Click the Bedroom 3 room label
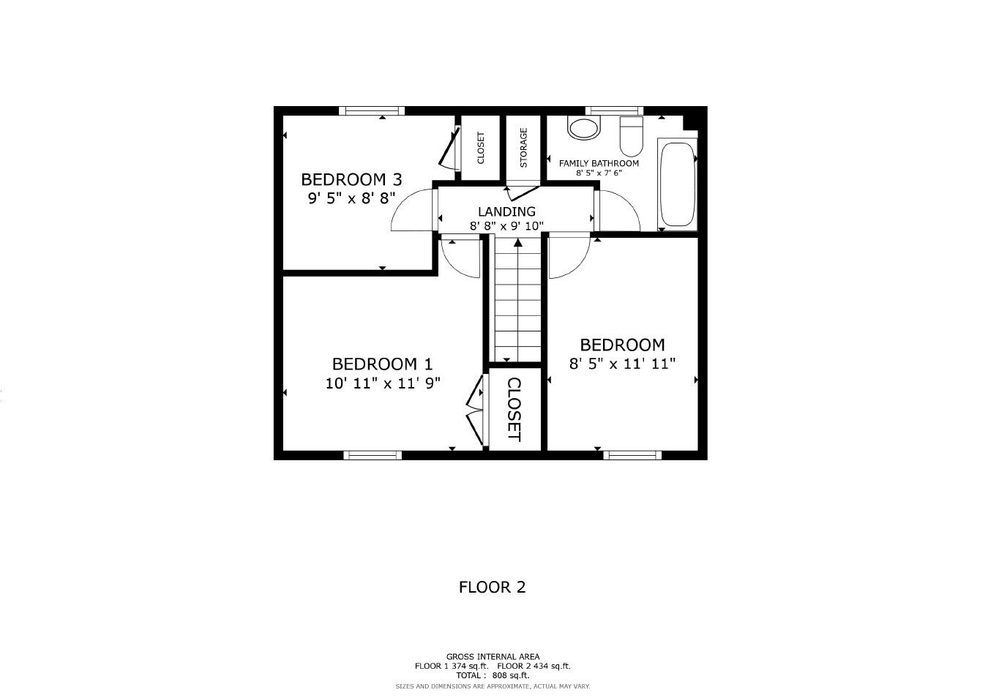[351, 179]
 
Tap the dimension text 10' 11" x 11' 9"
[383, 383]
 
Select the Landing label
[506, 211]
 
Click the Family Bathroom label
[599, 163]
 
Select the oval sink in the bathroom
[583, 129]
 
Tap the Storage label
[523, 148]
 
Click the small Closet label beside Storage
[481, 148]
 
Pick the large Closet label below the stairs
[514, 410]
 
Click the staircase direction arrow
[518, 243]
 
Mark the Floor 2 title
[492, 587]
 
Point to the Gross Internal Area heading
[493, 656]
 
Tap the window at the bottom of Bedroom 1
[373, 455]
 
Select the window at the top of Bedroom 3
[372, 111]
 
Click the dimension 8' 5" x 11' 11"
[622, 363]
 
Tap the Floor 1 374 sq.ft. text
[451, 666]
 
